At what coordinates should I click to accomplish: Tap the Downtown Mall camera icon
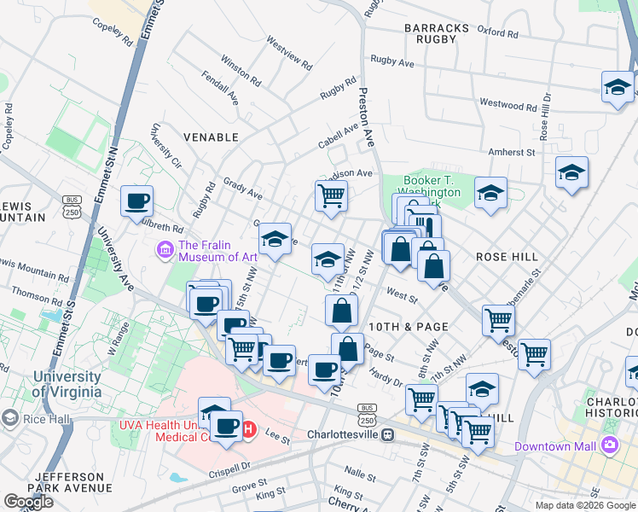pos(609,445)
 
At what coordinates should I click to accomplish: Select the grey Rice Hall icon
pos(9,418)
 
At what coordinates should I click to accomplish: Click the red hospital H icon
pos(249,429)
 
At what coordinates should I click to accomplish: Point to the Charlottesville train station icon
pos(387,434)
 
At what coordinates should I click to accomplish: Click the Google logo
pos(28,502)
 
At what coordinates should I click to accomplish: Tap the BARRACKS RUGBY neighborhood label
pos(437,34)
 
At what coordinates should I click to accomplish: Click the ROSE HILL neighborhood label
pos(506,256)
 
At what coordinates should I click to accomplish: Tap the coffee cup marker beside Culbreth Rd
pos(136,202)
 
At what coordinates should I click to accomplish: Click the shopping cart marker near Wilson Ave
pos(331,195)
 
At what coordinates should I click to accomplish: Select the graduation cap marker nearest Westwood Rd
pos(618,87)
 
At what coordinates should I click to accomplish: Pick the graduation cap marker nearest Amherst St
pos(571,172)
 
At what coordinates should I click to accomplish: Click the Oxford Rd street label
pos(498,32)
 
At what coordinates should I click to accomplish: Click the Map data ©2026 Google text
pos(585,505)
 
